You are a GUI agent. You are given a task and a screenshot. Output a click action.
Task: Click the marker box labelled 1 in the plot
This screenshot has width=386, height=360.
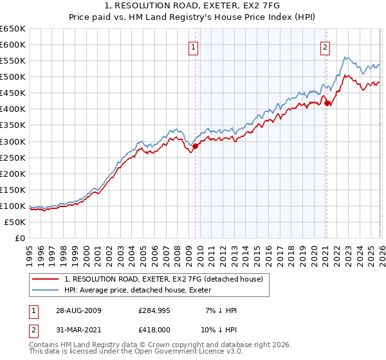pyautogui.click(x=194, y=46)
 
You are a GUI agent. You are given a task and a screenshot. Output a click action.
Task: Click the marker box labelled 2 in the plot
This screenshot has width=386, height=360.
pyautogui.click(x=326, y=46)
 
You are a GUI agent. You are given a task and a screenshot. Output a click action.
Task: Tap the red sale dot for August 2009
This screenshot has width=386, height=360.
pyautogui.click(x=196, y=146)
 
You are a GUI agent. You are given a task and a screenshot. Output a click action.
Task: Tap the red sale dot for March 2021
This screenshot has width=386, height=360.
pyautogui.click(x=327, y=103)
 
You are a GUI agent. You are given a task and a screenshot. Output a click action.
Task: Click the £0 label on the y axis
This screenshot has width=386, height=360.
pyautogui.click(x=19, y=238)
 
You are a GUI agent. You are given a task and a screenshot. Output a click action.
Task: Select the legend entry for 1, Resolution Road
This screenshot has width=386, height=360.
pyautogui.click(x=163, y=280)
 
